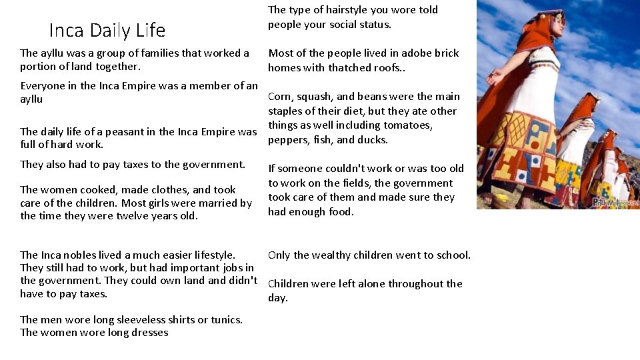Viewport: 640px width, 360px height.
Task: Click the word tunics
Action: (226, 320)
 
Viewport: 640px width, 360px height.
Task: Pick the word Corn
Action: (280, 97)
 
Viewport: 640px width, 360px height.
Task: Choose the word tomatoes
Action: (409, 125)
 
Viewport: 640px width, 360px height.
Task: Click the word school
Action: (453, 255)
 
